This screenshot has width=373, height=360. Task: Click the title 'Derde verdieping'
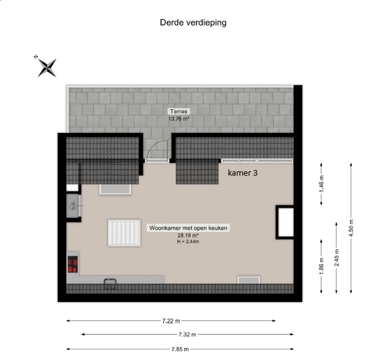tap(193, 22)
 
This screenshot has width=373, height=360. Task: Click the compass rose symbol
tap(47, 68)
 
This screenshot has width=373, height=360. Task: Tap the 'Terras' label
tap(178, 111)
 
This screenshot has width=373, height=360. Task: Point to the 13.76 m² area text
tap(178, 119)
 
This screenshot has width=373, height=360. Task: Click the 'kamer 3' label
tap(242, 173)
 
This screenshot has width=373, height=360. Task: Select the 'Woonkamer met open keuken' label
tap(188, 228)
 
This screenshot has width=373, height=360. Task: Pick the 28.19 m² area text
tap(188, 236)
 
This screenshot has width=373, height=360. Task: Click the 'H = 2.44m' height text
tap(188, 241)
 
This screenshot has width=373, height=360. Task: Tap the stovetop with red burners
tap(73, 264)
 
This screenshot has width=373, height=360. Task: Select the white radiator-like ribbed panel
tap(124, 233)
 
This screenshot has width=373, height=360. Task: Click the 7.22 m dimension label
tap(171, 321)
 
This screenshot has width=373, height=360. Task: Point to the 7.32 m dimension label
tap(187, 335)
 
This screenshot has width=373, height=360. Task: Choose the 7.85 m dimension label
tap(180, 349)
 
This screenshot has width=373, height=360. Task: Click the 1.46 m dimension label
tap(321, 184)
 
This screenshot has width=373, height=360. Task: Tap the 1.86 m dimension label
tap(321, 266)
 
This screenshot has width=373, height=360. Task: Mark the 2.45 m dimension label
tap(336, 257)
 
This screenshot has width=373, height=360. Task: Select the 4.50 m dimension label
tap(351, 228)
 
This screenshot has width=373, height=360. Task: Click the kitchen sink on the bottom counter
tap(110, 284)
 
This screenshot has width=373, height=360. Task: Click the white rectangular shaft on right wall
tap(285, 222)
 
